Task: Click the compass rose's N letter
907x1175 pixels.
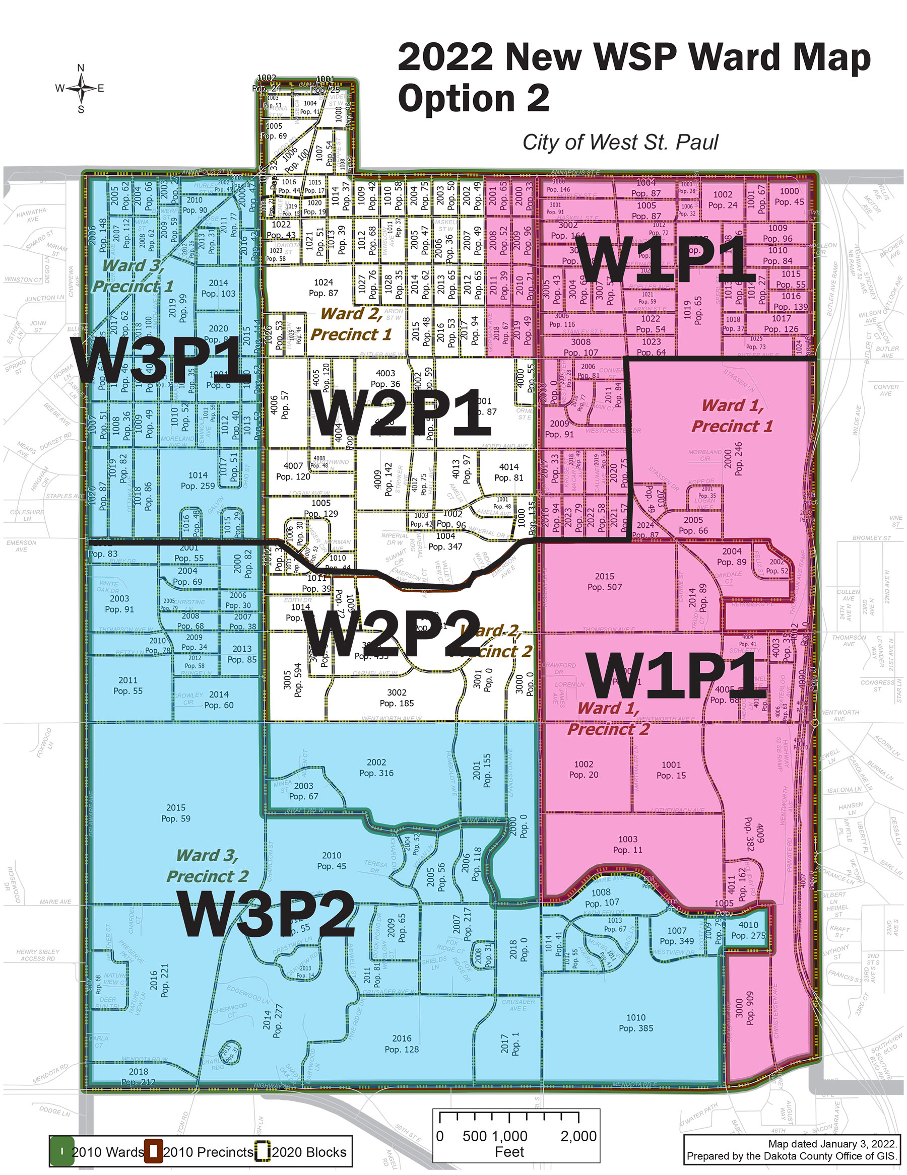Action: tap(81, 68)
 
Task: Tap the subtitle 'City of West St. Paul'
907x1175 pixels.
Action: tap(620, 143)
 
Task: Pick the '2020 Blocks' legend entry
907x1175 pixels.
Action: tap(308, 1152)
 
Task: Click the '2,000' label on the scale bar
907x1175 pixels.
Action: tap(578, 1136)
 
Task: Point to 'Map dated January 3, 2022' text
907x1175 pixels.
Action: tap(832, 1144)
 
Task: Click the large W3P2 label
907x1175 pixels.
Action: tap(268, 914)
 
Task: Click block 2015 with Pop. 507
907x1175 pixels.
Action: tap(605, 582)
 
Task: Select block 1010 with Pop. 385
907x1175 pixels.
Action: tap(636, 1023)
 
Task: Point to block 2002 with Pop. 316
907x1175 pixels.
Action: tap(376, 768)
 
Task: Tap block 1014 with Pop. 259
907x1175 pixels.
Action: tap(198, 480)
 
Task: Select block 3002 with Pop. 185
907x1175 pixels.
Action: tap(397, 698)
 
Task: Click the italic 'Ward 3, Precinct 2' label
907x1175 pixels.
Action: tap(207, 866)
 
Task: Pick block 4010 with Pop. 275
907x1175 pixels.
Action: tap(748, 930)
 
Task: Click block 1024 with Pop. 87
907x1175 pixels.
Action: tap(323, 288)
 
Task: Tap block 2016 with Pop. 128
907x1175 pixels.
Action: tap(402, 1044)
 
